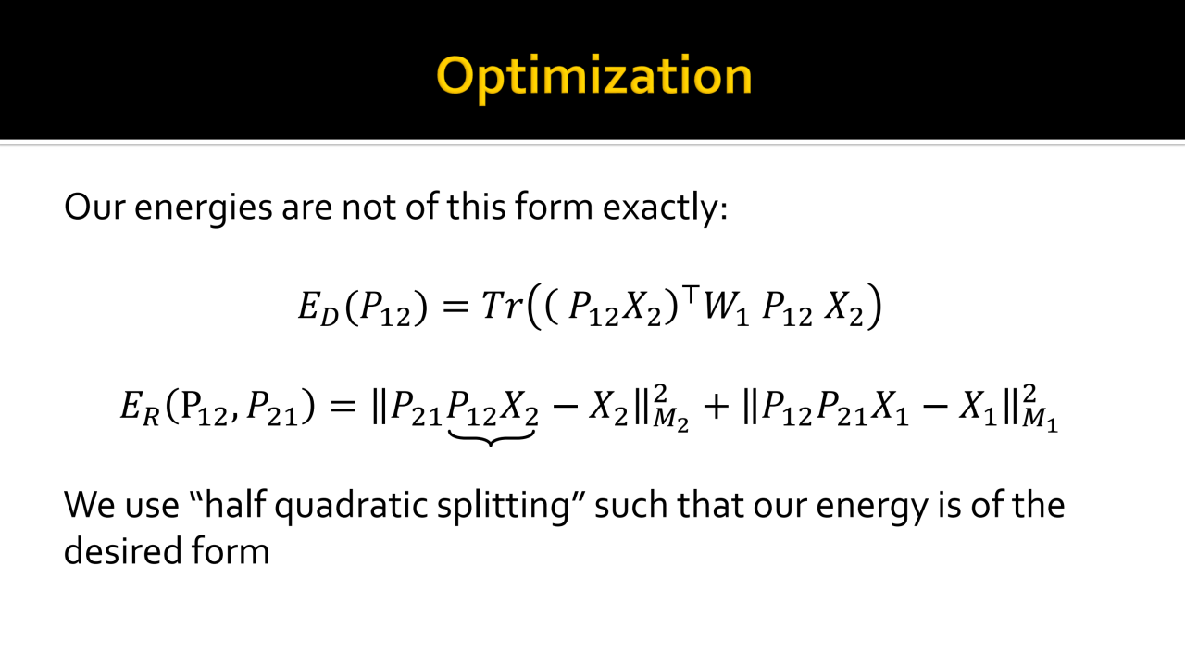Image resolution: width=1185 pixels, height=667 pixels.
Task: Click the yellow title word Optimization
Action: coord(594,77)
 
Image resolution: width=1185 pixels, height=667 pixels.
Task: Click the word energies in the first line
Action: coord(203,208)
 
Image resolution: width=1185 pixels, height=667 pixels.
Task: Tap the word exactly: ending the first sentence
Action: coord(665,208)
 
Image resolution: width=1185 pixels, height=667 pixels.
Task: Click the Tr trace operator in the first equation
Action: coord(503,306)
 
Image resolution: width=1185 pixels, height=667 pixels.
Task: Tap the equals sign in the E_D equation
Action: coord(455,307)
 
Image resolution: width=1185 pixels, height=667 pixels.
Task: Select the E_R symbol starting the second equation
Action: coord(140,408)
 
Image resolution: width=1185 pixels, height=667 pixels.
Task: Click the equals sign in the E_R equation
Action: coord(343,407)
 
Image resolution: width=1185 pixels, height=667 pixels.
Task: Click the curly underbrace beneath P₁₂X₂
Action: coord(491,438)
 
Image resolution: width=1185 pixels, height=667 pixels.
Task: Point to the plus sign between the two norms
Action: coord(717,407)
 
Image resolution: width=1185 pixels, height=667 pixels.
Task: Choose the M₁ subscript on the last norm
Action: coord(1040,422)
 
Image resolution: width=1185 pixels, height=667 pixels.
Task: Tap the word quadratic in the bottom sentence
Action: coord(351,506)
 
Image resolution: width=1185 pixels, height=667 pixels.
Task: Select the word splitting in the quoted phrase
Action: coord(503,506)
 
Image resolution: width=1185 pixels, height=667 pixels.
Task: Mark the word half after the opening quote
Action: coord(235,504)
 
